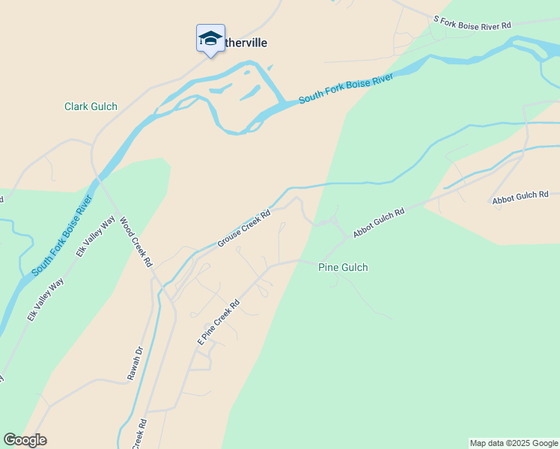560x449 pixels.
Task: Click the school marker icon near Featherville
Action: (x=210, y=39)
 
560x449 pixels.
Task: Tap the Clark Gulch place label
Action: (x=91, y=107)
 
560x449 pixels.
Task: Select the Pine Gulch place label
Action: (x=343, y=267)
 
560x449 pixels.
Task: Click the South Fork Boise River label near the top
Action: (x=346, y=89)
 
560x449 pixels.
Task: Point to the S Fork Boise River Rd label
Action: (x=472, y=22)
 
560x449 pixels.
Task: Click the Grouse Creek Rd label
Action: (x=243, y=229)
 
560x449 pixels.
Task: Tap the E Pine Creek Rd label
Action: (x=218, y=323)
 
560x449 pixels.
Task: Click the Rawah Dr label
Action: (x=134, y=363)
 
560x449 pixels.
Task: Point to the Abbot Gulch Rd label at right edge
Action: (x=521, y=196)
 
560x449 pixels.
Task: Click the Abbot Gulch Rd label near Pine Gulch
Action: (x=379, y=223)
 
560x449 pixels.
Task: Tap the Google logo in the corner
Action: (x=25, y=440)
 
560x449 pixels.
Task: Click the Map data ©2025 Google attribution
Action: (x=514, y=443)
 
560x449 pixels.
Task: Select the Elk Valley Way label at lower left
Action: (x=46, y=299)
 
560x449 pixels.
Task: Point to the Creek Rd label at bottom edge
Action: (x=139, y=434)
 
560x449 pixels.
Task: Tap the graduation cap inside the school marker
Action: (x=210, y=37)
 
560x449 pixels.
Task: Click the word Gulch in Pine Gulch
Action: (x=354, y=267)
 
